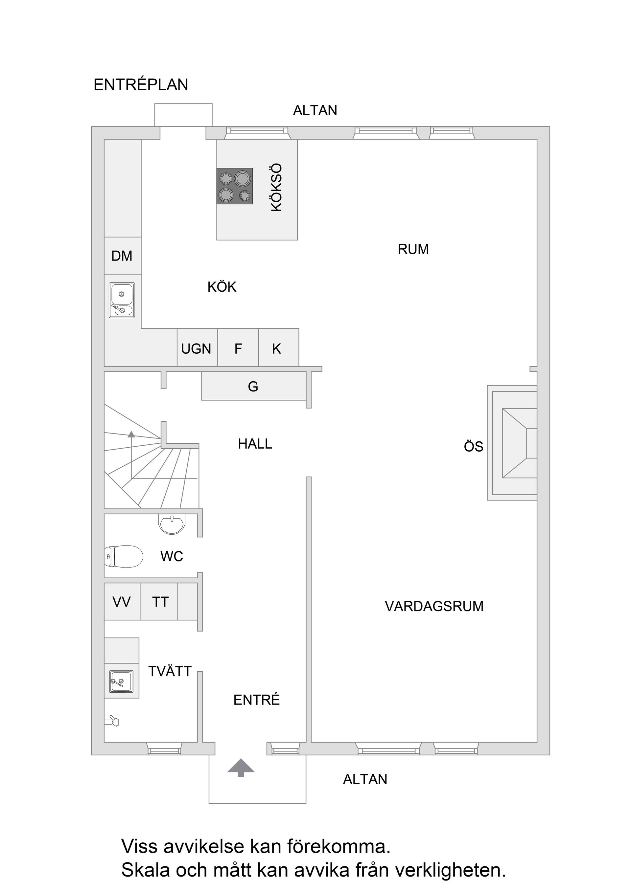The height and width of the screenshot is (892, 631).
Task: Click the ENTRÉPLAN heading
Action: click(141, 85)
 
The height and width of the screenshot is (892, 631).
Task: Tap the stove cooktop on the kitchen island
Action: click(234, 186)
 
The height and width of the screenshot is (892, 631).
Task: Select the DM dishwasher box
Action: click(122, 256)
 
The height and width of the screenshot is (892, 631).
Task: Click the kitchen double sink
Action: click(122, 300)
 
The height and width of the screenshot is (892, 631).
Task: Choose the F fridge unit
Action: click(238, 348)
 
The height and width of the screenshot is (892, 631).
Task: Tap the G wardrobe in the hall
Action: click(253, 386)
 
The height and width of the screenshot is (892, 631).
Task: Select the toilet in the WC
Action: click(124, 556)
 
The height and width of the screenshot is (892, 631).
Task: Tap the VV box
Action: click(122, 602)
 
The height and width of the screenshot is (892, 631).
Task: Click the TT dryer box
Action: click(159, 602)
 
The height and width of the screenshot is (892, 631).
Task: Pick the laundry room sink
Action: click(122, 682)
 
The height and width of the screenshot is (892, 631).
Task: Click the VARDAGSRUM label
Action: click(434, 607)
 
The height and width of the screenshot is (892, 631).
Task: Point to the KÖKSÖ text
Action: click(276, 188)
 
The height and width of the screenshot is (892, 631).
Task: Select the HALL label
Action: click(255, 444)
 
